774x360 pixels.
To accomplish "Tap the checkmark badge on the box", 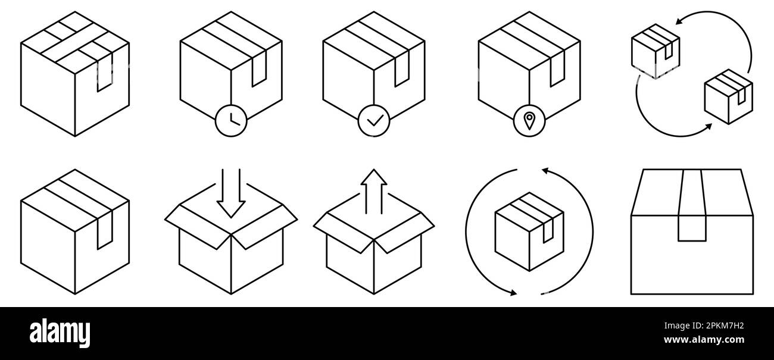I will [x=374, y=121].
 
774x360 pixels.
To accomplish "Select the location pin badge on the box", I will [x=529, y=121].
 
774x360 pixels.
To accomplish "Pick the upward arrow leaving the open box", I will [x=373, y=190].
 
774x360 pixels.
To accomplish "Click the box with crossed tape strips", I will [x=75, y=74].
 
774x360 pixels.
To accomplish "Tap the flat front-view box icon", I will [x=692, y=232].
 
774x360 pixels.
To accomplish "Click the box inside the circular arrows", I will [x=529, y=231].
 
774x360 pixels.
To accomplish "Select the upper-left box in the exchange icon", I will [x=655, y=51].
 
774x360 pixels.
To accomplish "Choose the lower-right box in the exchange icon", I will [x=728, y=96].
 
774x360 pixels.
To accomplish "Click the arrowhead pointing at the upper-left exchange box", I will [x=679, y=23].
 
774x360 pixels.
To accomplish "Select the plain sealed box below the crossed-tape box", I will [x=75, y=232].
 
